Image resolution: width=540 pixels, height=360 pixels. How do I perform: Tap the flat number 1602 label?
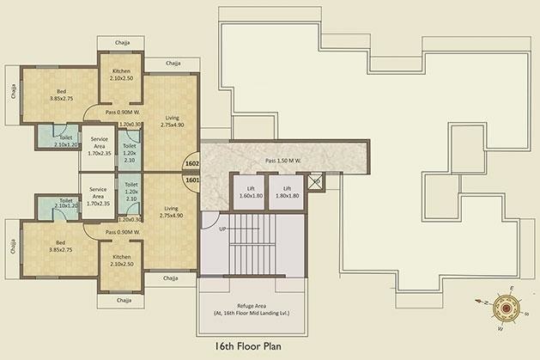[192, 163]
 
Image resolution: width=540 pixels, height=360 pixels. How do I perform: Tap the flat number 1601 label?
[192, 180]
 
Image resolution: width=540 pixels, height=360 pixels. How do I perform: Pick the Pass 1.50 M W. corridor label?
[284, 161]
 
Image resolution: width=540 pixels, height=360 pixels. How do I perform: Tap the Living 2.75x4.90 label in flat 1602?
[173, 121]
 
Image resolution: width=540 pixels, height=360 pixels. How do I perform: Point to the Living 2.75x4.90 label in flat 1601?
[173, 212]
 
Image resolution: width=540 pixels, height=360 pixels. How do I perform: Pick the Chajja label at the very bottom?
[125, 300]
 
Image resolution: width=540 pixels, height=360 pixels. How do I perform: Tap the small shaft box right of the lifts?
[315, 182]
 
